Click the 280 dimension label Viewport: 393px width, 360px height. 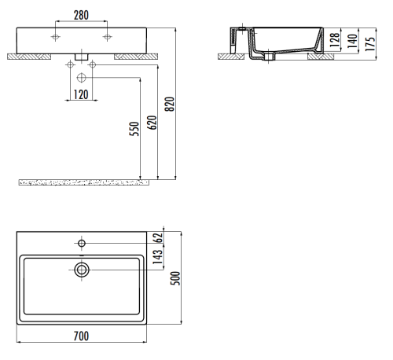click(x=80, y=14)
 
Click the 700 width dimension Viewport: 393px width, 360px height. click(x=81, y=336)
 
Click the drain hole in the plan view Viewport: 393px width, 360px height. click(x=82, y=270)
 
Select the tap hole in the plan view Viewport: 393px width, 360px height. click(x=82, y=242)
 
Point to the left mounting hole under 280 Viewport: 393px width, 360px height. click(x=56, y=38)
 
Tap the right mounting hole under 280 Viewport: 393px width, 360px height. click(x=106, y=38)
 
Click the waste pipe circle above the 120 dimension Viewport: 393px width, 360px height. click(x=82, y=77)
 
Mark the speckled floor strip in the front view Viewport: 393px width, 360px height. click(x=83, y=182)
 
